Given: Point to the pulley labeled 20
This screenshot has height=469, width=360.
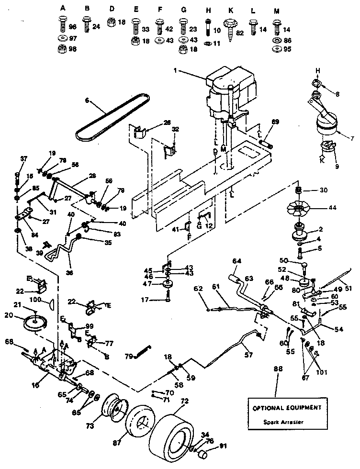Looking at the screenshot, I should (37, 324).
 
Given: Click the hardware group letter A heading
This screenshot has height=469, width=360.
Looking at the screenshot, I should (63, 9).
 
